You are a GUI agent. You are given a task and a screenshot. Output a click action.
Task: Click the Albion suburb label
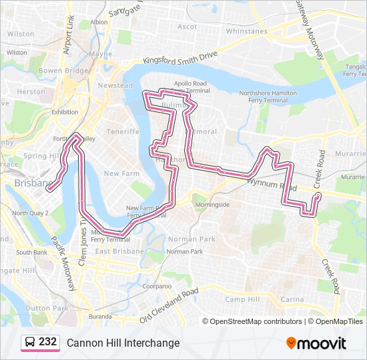click(x=99, y=21)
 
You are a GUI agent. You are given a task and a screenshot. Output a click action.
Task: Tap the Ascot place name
click(x=187, y=27)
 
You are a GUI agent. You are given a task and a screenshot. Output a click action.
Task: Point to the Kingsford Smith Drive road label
click(x=179, y=61)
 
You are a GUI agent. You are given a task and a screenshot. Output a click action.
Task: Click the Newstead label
click(x=111, y=85)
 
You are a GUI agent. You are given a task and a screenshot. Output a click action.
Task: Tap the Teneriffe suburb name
click(x=122, y=131)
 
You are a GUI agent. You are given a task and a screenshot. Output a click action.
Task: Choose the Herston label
click(x=31, y=92)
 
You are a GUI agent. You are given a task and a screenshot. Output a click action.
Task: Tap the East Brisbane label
click(x=119, y=251)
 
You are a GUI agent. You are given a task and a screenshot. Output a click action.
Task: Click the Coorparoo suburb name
click(x=157, y=286)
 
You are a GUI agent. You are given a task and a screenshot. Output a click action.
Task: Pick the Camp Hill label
click(x=242, y=299)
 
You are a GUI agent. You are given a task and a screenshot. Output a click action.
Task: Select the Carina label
click(x=292, y=299)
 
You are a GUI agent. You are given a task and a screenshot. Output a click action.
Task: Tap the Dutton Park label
click(x=47, y=308)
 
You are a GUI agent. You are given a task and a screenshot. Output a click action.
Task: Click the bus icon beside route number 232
click(x=29, y=342)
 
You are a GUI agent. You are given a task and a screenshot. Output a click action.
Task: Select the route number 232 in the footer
click(x=47, y=342)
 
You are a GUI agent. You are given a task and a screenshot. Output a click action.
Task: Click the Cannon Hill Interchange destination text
click(x=123, y=343)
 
